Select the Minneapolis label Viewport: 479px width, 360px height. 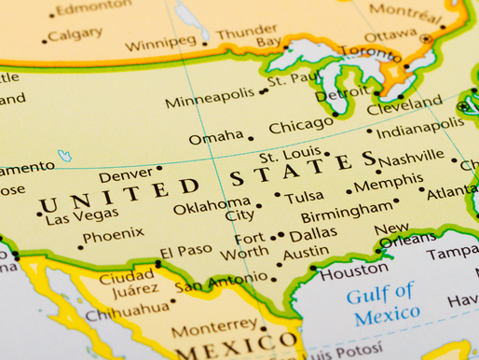click(209, 94)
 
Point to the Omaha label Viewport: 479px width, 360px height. click(216, 138)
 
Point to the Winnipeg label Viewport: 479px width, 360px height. click(160, 42)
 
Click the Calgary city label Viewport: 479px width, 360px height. click(75, 35)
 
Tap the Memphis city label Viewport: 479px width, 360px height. click(389, 184)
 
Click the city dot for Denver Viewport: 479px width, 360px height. click(158, 169)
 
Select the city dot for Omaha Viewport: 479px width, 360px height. click(251, 138)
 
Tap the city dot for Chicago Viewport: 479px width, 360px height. click(335, 117)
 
